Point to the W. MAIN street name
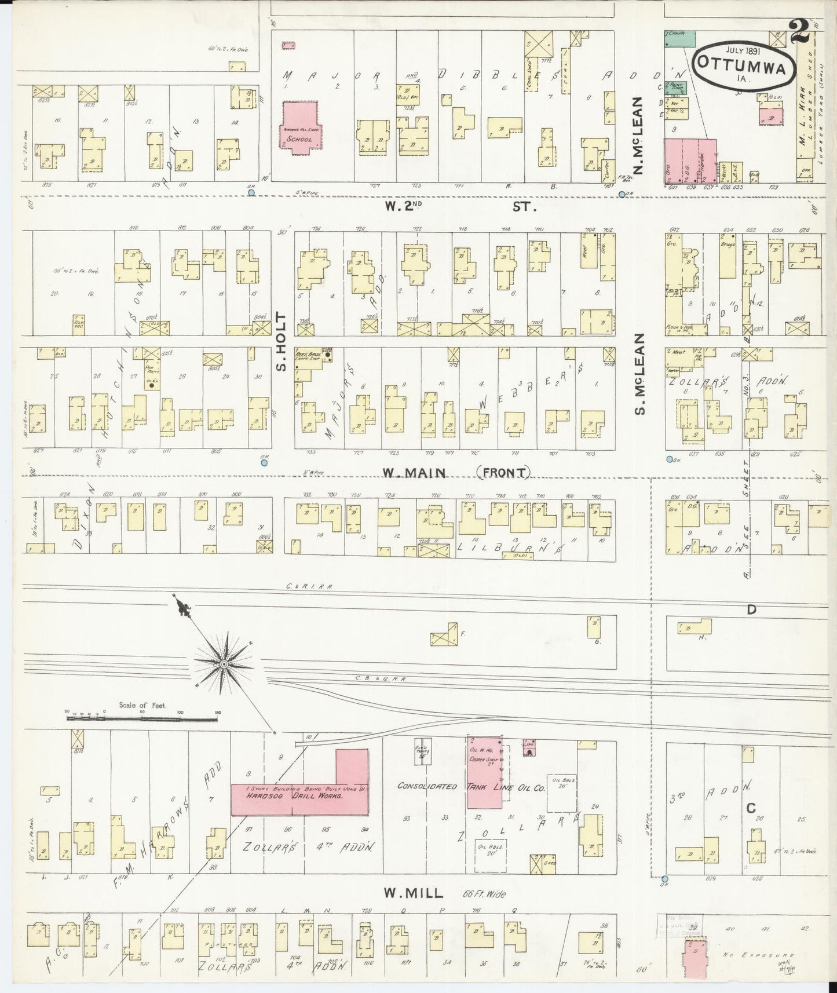[x=414, y=473]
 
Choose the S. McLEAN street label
[x=639, y=374]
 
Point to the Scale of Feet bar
[x=142, y=718]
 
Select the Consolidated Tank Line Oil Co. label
[x=470, y=787]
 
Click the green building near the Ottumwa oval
[x=679, y=38]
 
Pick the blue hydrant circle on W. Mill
[x=664, y=879]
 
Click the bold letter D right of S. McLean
[x=751, y=609]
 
